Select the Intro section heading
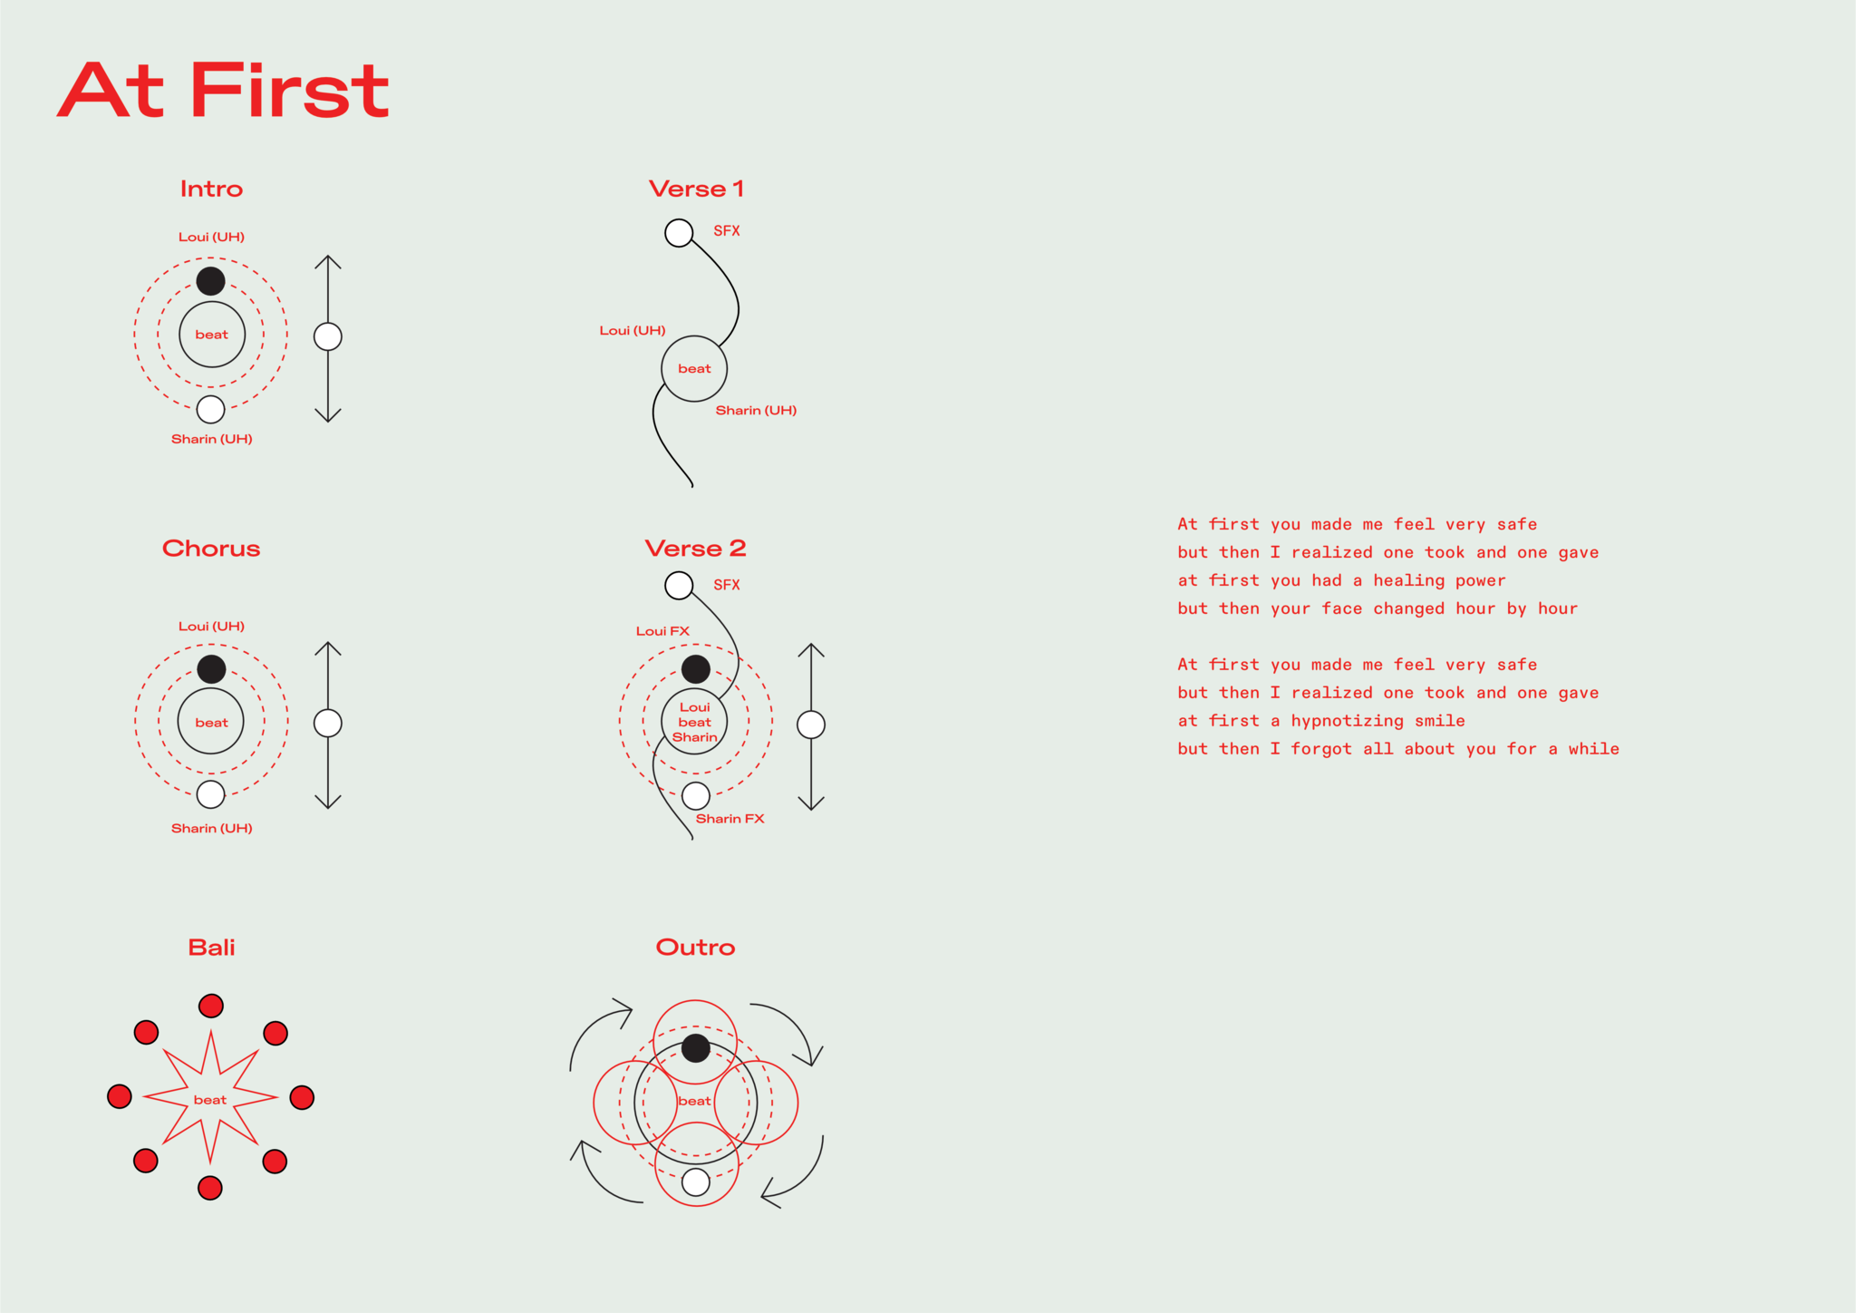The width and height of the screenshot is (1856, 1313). tap(211, 189)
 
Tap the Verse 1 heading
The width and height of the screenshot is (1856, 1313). tap(696, 189)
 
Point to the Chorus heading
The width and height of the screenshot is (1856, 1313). tap(211, 549)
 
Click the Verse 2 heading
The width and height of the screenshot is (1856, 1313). tap(696, 549)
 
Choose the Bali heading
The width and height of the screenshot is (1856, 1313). tap(211, 948)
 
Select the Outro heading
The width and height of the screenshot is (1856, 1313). tap(696, 948)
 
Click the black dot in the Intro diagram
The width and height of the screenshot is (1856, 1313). tap(211, 281)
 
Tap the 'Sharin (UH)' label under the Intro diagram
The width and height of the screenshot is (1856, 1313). tap(212, 439)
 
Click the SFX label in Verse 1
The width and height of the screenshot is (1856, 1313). tap(727, 231)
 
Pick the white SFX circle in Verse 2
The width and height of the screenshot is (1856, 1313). tap(679, 586)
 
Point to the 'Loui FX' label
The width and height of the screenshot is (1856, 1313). tap(662, 631)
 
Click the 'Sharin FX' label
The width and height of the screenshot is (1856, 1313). tap(730, 819)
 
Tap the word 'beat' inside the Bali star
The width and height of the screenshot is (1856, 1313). tap(210, 1100)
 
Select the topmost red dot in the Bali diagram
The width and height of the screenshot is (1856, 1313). tap(211, 1006)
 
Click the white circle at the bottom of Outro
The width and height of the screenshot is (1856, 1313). tap(696, 1182)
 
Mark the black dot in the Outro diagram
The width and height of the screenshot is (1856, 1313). tap(696, 1048)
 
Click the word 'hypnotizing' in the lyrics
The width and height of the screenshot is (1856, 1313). tap(1347, 721)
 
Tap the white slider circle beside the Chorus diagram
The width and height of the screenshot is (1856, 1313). tap(328, 724)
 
